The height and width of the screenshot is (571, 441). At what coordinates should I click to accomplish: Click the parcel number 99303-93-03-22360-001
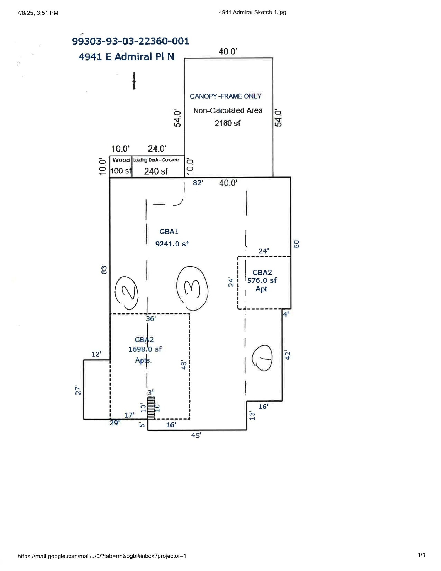point(131,41)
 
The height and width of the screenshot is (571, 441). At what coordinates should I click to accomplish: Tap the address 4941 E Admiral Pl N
point(126,57)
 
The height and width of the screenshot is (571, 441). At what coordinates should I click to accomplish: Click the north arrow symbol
point(134,81)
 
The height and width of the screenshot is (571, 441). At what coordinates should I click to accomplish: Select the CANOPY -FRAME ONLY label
point(225,96)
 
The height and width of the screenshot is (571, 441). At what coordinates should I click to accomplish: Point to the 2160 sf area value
point(227,123)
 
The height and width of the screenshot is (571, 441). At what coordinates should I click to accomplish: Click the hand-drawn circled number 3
point(192,288)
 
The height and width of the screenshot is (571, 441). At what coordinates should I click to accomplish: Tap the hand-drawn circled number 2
point(127,293)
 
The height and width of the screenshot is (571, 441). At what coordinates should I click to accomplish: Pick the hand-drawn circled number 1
point(262,358)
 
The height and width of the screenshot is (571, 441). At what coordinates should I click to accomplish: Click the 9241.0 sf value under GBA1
point(172,244)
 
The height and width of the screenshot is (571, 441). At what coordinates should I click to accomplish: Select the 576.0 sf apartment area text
point(262,280)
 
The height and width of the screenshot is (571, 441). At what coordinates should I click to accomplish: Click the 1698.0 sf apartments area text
point(145,349)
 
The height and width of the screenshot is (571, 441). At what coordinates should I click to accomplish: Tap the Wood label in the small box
point(121,160)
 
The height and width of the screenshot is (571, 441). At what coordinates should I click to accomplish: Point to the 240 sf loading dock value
point(156,171)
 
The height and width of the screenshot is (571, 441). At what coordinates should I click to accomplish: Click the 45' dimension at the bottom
point(196,435)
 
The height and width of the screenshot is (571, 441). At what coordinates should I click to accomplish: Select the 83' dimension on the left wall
point(104,269)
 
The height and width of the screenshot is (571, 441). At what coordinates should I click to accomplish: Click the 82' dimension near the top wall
point(198,183)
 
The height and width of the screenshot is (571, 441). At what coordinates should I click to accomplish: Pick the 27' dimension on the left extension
point(78,390)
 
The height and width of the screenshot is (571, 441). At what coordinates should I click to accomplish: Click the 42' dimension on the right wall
point(287,355)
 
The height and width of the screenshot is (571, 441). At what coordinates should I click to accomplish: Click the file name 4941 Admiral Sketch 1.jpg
point(252,12)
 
